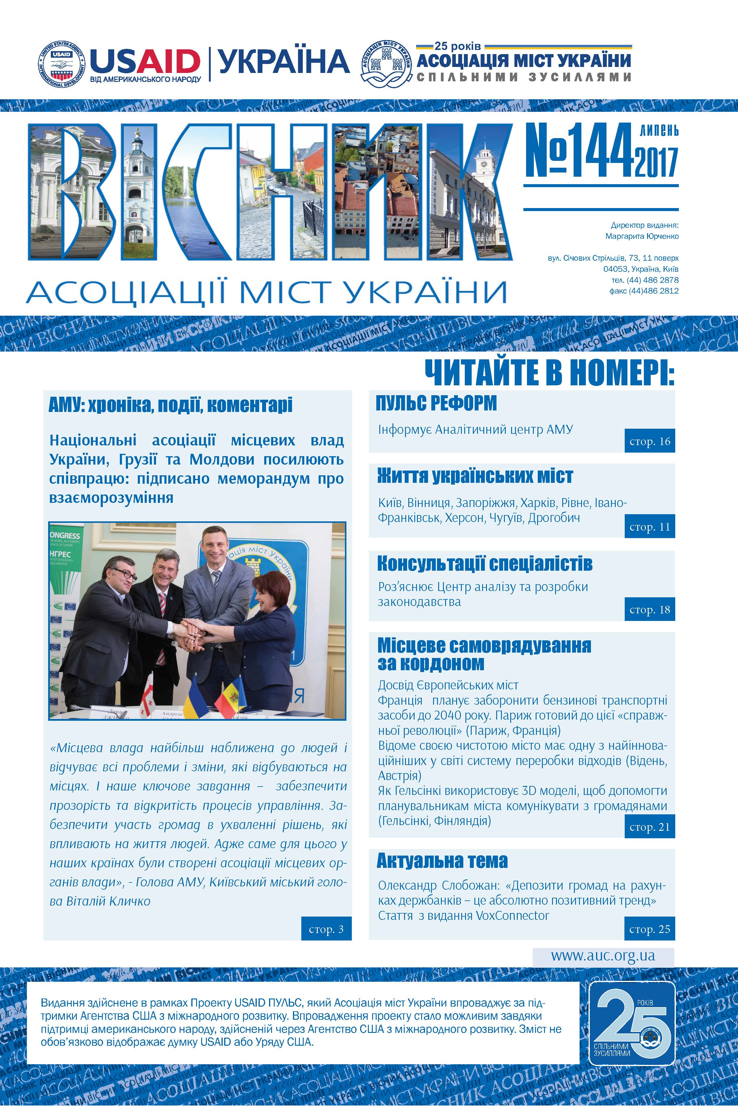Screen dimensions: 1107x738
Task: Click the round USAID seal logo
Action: pos(62,64)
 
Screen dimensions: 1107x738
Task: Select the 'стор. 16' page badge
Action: pos(650,441)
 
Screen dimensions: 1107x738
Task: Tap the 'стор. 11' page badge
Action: pos(650,527)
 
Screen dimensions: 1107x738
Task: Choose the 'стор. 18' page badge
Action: pos(650,610)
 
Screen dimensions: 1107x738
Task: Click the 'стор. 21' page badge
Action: pos(650,827)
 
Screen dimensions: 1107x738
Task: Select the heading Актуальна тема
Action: pos(442,861)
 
